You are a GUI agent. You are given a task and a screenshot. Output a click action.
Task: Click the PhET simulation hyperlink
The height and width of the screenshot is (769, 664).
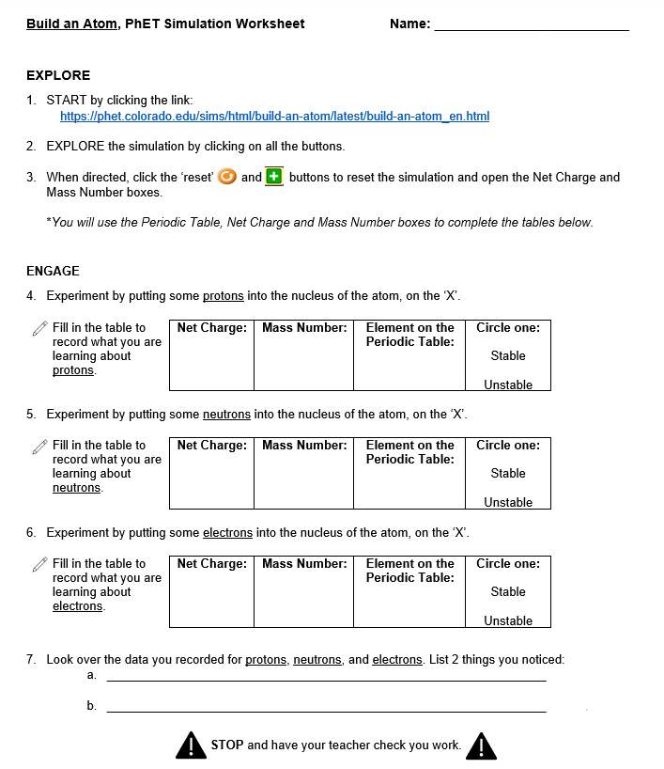click(x=274, y=117)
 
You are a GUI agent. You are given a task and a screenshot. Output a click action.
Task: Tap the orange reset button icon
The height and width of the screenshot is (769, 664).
click(x=226, y=177)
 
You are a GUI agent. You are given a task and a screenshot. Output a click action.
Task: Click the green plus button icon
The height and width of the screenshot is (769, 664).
click(x=274, y=177)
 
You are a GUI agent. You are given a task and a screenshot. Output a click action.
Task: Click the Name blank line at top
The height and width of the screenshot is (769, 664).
click(x=531, y=26)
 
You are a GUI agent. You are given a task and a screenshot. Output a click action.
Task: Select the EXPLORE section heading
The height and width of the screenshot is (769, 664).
click(x=58, y=75)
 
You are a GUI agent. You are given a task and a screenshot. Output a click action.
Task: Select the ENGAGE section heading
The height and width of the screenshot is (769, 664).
click(x=53, y=271)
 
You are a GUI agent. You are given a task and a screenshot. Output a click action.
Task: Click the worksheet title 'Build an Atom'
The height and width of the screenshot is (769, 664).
click(x=71, y=24)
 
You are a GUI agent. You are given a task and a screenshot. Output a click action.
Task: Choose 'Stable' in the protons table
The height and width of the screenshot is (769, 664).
click(x=508, y=356)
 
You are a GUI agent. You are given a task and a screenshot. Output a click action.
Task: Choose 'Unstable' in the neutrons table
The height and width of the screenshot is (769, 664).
click(x=508, y=502)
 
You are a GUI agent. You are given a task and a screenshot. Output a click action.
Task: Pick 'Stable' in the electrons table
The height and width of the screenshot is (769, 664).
click(x=508, y=592)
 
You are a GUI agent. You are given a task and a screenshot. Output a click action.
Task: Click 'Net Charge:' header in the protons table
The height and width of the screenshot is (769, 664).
click(x=212, y=328)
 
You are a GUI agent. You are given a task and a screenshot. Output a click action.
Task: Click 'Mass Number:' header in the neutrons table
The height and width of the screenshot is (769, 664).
click(x=304, y=446)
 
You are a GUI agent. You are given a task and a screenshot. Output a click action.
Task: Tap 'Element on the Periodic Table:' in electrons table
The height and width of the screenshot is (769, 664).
click(x=409, y=571)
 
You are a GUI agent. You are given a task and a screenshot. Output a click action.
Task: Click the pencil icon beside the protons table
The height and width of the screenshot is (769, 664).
click(x=39, y=328)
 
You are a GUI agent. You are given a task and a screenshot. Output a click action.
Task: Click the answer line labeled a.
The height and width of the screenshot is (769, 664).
click(x=326, y=679)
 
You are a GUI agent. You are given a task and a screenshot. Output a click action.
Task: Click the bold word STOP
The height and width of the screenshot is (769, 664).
click(x=227, y=745)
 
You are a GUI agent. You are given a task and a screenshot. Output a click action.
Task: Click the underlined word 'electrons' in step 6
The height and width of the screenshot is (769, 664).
click(x=228, y=533)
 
